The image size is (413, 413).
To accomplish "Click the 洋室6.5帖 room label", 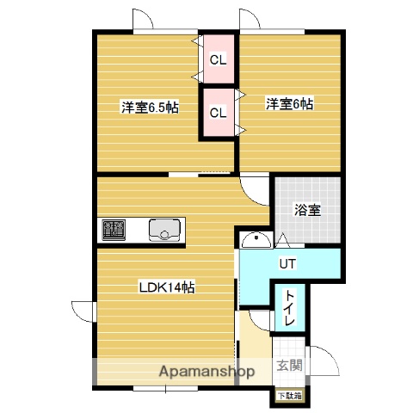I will (x=150, y=108).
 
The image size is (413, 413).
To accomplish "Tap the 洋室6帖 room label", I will (x=289, y=104).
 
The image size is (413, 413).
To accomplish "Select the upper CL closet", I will (x=219, y=59).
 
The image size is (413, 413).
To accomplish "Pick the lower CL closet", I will (x=219, y=112).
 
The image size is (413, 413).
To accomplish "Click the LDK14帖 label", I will (x=168, y=287).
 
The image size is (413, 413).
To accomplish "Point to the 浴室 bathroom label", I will (x=306, y=209).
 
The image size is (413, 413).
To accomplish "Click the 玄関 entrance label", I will (x=289, y=366).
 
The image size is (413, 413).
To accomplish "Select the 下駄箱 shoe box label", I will (x=284, y=396).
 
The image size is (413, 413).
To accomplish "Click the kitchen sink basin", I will (x=164, y=230).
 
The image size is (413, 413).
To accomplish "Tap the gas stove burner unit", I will (x=114, y=230).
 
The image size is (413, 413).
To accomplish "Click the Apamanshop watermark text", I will (x=206, y=373).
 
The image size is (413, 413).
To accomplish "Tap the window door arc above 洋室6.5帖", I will (x=145, y=22).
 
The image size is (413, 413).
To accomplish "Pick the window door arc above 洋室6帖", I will (x=251, y=22).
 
